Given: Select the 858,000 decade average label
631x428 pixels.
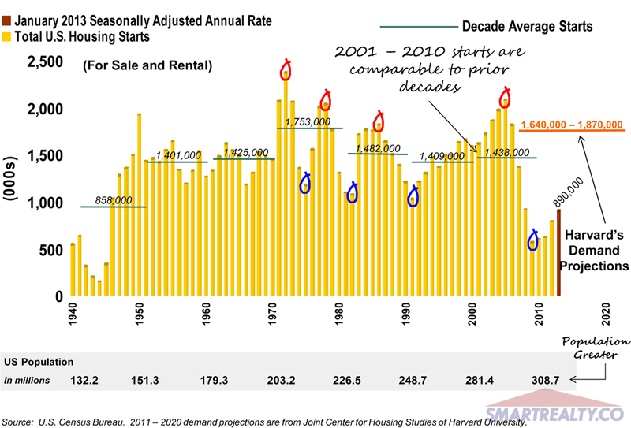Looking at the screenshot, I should point(114,201).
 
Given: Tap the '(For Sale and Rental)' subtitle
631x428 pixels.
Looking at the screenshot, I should point(147,66).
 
